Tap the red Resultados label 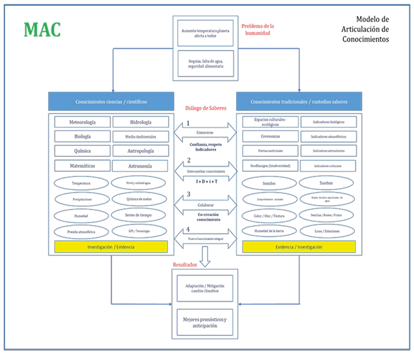pos(186,264)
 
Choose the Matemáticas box pos(81,165)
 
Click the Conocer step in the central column pos(206,132)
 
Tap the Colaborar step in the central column pos(206,205)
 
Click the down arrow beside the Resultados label pos(205,256)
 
